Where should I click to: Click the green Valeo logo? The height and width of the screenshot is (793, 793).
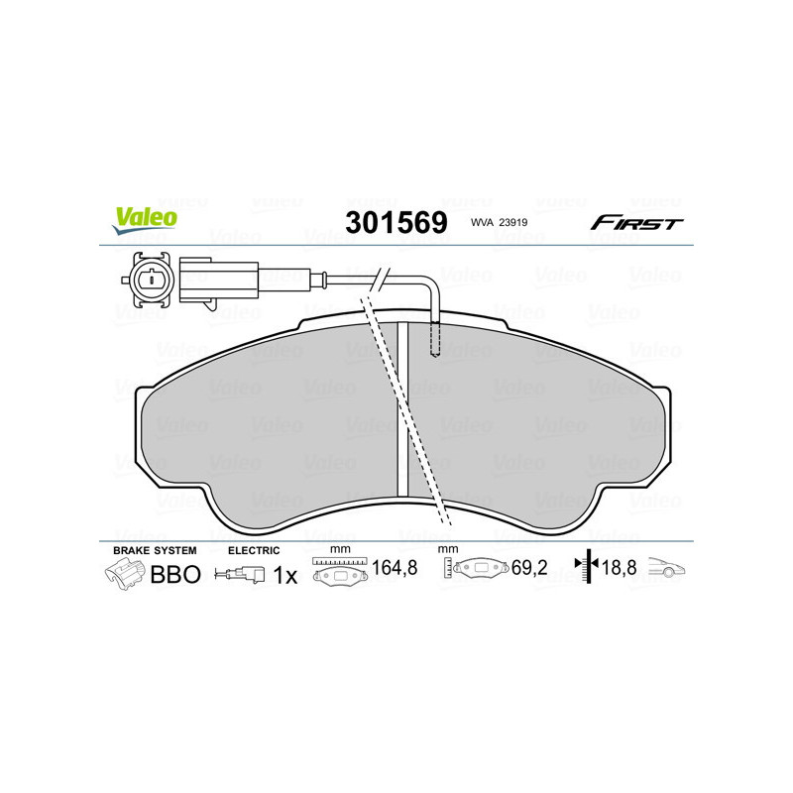pos(145,221)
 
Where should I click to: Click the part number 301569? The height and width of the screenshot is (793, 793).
pos(396,222)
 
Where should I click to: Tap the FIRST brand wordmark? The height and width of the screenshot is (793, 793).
pos(636,223)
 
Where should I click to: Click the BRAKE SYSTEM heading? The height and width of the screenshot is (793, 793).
pos(155,549)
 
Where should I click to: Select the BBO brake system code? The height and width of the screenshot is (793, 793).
pos(174,574)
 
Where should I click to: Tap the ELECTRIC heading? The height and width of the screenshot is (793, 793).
pos(254,549)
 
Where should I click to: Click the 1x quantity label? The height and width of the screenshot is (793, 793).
pos(284,574)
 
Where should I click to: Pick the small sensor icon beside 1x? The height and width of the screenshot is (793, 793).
pos(242,574)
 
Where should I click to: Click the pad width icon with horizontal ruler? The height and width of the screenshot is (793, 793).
pos(338,572)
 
